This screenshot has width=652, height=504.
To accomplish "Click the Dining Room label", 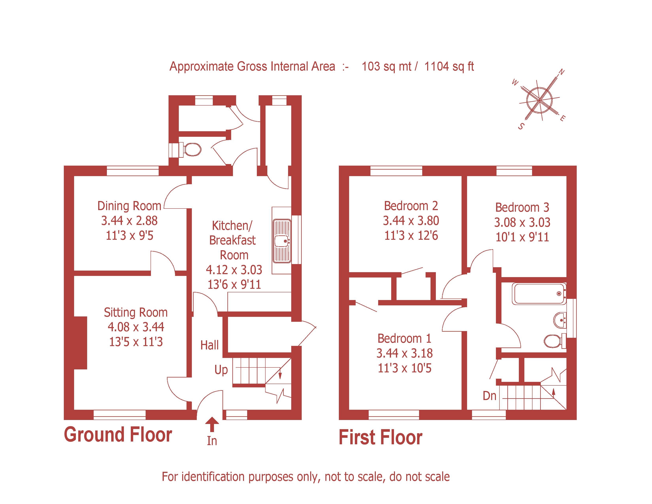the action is [129, 206].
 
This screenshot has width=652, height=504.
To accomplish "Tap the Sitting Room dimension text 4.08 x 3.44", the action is [136, 327].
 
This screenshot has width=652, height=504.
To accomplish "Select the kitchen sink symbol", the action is [282, 241].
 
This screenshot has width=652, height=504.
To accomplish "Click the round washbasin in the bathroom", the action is [560, 320].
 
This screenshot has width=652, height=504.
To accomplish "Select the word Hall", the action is [210, 345].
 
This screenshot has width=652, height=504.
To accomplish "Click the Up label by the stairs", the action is [221, 370].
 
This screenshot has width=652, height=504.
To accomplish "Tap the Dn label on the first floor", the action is [489, 396].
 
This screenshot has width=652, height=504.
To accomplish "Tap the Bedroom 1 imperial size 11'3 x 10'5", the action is [404, 368].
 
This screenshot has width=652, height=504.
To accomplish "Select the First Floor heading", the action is [380, 438].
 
